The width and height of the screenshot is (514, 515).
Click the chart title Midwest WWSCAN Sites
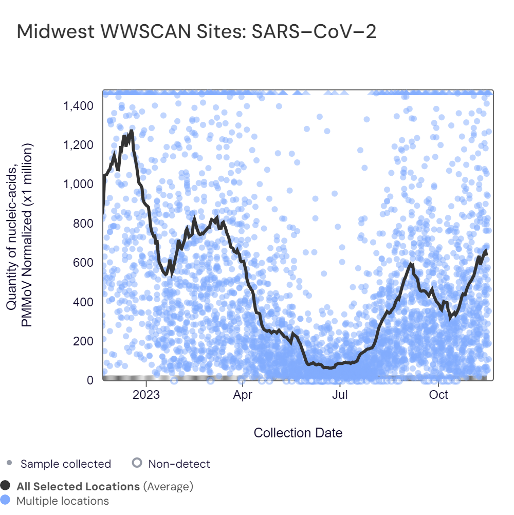[x=196, y=32]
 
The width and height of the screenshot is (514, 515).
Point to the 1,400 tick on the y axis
[x=78, y=106]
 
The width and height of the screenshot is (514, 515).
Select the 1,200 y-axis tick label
[x=78, y=145]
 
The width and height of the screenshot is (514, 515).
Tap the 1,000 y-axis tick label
[x=78, y=185]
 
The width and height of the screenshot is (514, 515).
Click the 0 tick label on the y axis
[x=90, y=380]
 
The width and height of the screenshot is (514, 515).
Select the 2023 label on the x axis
[x=146, y=395]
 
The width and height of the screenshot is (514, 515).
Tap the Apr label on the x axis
[x=243, y=395]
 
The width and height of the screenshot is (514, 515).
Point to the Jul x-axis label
[x=340, y=395]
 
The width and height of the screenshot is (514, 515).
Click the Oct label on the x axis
[x=438, y=395]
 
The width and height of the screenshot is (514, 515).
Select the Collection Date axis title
[x=298, y=433]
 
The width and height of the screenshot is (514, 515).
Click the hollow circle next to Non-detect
[x=137, y=463]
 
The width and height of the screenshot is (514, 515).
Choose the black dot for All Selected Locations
[x=6, y=486]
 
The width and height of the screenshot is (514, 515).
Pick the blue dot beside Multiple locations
[x=6, y=500]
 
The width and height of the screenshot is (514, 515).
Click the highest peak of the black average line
[x=131, y=131]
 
